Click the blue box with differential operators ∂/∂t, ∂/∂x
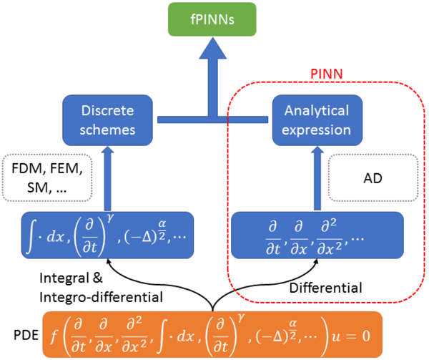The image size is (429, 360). click(x=317, y=234)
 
